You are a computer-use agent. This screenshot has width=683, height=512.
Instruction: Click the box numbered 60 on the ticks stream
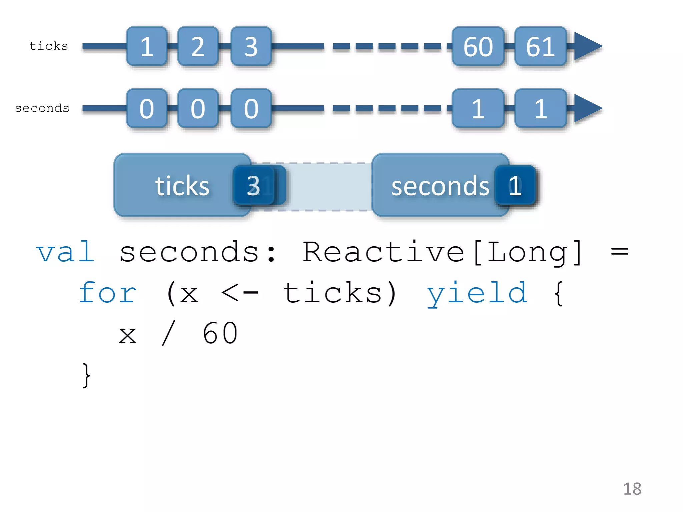pyautogui.click(x=478, y=46)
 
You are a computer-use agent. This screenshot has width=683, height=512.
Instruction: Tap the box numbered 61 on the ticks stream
pyautogui.click(x=540, y=46)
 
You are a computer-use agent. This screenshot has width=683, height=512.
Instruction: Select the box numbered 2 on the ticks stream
pyautogui.click(x=198, y=46)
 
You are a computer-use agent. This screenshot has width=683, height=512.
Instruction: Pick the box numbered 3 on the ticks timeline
pyautogui.click(x=251, y=46)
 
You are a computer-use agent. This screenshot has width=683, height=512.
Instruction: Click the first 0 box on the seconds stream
pyautogui.click(x=147, y=108)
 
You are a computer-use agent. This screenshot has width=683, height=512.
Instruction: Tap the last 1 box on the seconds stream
pyautogui.click(x=540, y=108)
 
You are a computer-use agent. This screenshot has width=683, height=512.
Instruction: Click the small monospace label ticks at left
pyautogui.click(x=49, y=46)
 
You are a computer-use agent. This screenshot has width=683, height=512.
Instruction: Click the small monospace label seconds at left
pyautogui.click(x=42, y=108)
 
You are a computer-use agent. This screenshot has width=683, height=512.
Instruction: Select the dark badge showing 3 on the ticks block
pyautogui.click(x=253, y=185)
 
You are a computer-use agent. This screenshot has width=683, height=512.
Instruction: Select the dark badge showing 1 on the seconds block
pyautogui.click(x=515, y=185)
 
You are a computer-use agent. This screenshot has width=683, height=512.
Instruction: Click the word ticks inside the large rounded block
pyautogui.click(x=182, y=186)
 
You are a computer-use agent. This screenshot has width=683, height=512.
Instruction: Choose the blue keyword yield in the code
pyautogui.click(x=477, y=293)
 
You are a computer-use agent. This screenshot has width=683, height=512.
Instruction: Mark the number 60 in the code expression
pyautogui.click(x=220, y=333)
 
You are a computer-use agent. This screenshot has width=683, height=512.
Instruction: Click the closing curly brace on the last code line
pyautogui.click(x=86, y=375)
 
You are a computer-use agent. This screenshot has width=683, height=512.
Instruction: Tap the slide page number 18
pyautogui.click(x=632, y=489)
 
